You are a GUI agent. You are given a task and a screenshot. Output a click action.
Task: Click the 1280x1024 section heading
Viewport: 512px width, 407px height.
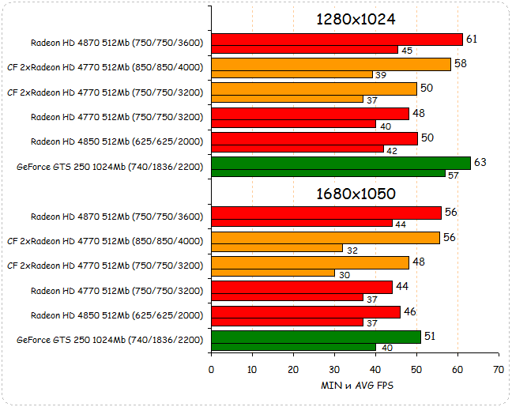pos(355,20)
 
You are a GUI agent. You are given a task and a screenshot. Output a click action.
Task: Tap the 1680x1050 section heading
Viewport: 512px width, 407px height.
pos(355,194)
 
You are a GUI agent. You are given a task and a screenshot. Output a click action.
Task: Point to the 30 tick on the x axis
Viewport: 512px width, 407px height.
pos(334,369)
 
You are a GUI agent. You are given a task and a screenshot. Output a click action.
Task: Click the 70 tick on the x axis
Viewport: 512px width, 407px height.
pos(498,369)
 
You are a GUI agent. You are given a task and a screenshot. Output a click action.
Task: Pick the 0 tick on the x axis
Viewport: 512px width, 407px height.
pos(211,369)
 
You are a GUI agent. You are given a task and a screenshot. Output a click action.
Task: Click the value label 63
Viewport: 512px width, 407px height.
pos(480,162)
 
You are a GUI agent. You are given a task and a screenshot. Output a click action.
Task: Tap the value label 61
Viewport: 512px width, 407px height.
pos(472,39)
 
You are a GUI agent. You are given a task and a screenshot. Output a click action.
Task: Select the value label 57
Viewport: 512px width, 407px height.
pos(452,174)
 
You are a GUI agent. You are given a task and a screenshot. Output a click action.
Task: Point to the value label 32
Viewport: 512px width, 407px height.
pos(352,250)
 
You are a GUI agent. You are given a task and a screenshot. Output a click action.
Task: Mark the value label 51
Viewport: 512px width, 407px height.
pos(431,336)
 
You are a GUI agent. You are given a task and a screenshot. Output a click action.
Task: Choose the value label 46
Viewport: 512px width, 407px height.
pos(410,311)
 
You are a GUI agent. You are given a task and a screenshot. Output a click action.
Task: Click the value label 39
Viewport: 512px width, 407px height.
pos(380,75)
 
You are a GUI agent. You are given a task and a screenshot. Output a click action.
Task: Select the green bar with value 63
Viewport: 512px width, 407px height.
pos(341,163)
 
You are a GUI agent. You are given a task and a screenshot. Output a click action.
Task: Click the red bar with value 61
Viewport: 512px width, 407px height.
pos(337,40)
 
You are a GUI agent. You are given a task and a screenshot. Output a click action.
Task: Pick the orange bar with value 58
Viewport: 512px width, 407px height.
pos(330,64)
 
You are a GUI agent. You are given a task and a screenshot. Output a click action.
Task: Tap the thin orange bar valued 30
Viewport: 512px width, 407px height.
pos(273,273)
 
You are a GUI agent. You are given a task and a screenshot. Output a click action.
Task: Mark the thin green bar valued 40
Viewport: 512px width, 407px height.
pos(293,347)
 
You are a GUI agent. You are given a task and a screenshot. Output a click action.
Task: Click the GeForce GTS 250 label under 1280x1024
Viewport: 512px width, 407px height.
pos(110,167)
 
